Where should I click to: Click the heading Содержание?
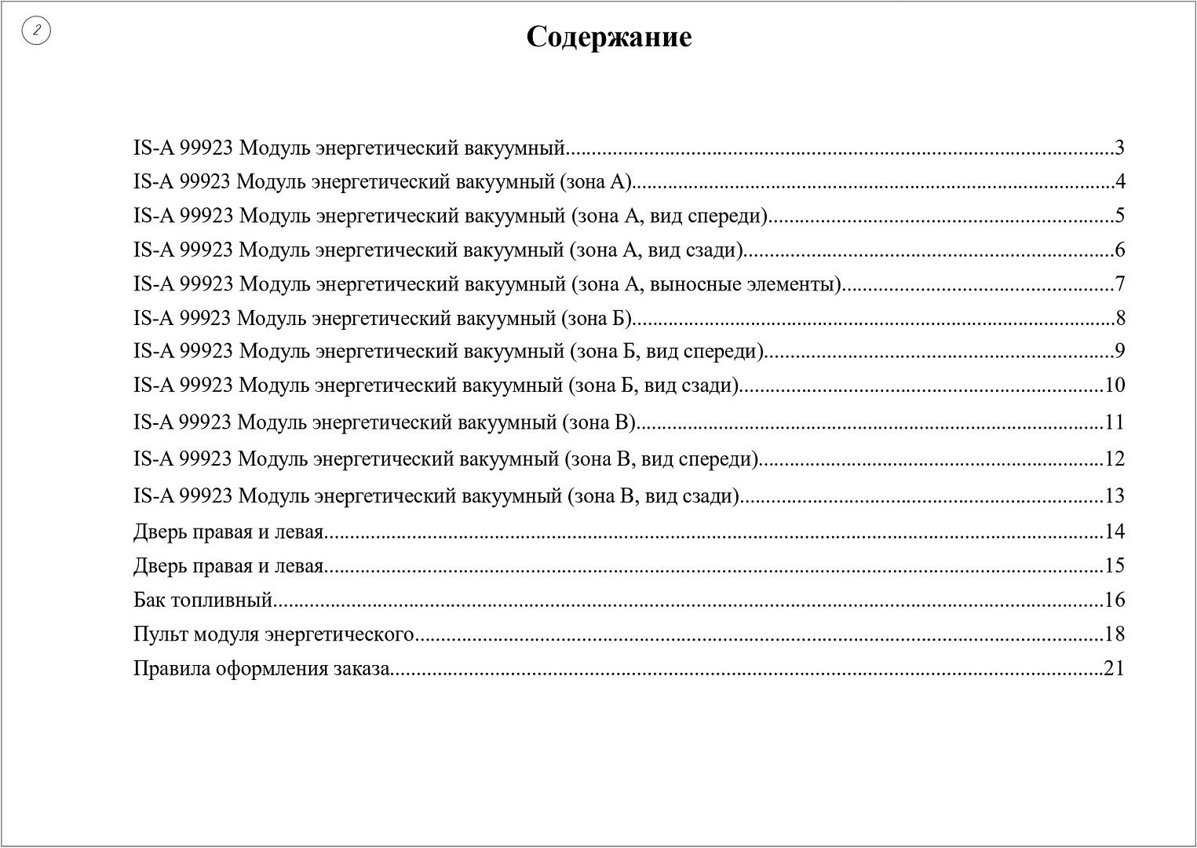point(608,38)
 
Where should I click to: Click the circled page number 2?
point(36,31)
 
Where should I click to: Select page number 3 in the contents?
point(1119,148)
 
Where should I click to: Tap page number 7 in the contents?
point(1119,283)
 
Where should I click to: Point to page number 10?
point(1115,385)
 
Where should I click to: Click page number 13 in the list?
point(1115,495)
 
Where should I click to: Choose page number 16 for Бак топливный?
point(1115,600)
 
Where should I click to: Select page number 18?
point(1115,634)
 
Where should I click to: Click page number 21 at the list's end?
point(1115,668)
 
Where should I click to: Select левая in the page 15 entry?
point(298,566)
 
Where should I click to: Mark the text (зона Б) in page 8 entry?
point(597,318)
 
